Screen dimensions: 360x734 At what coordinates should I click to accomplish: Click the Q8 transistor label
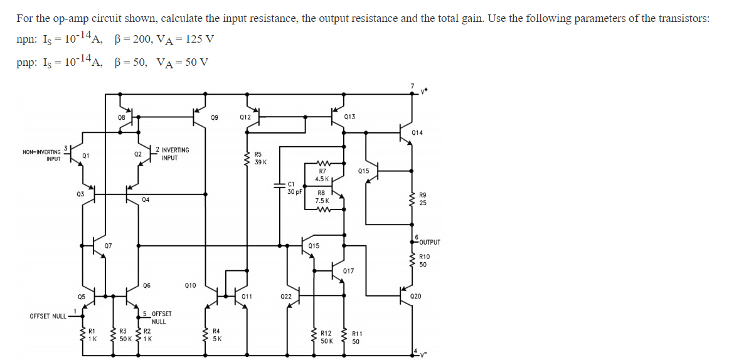coord(121,117)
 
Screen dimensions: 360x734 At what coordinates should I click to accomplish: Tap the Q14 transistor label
coord(417,133)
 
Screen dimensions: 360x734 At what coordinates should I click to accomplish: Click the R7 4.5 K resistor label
coord(322,175)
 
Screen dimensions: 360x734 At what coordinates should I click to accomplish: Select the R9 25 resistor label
coord(423,199)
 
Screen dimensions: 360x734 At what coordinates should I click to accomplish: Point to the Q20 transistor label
coord(415,296)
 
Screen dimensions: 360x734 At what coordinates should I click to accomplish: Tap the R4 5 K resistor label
coord(216,334)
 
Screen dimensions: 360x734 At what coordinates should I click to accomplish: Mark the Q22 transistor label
coord(285,296)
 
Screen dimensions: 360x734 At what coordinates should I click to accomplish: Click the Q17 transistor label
coord(349,271)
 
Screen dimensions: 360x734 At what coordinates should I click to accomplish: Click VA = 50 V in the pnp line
coord(183,62)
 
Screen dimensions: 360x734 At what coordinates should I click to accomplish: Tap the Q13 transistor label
coord(349,117)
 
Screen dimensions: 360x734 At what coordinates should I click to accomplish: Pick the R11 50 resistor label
coord(356,337)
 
